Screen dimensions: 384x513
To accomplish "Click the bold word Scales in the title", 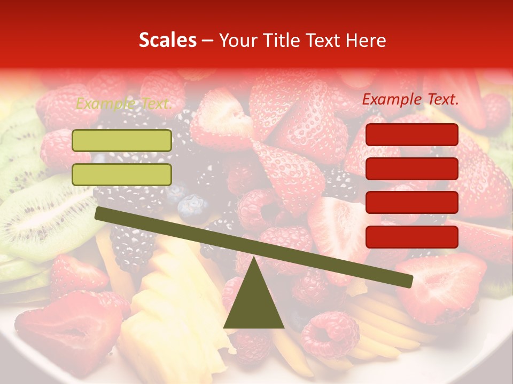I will (x=167, y=40).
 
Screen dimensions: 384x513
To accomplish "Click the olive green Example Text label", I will (x=124, y=103).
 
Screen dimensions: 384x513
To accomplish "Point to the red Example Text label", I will (x=410, y=99).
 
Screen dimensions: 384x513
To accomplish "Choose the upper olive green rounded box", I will (x=122, y=140).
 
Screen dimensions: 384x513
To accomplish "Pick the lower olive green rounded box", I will (x=122, y=174).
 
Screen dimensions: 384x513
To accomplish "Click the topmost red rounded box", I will (x=411, y=134).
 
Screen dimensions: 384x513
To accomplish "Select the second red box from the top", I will (x=411, y=169).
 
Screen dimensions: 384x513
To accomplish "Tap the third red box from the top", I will (x=411, y=202).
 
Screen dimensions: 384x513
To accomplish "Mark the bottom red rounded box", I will (x=411, y=236).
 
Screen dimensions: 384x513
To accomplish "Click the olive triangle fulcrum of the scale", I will (x=253, y=304).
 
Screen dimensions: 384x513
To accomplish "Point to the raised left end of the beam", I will (x=99, y=213).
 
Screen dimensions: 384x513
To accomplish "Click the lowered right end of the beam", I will (x=408, y=281).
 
